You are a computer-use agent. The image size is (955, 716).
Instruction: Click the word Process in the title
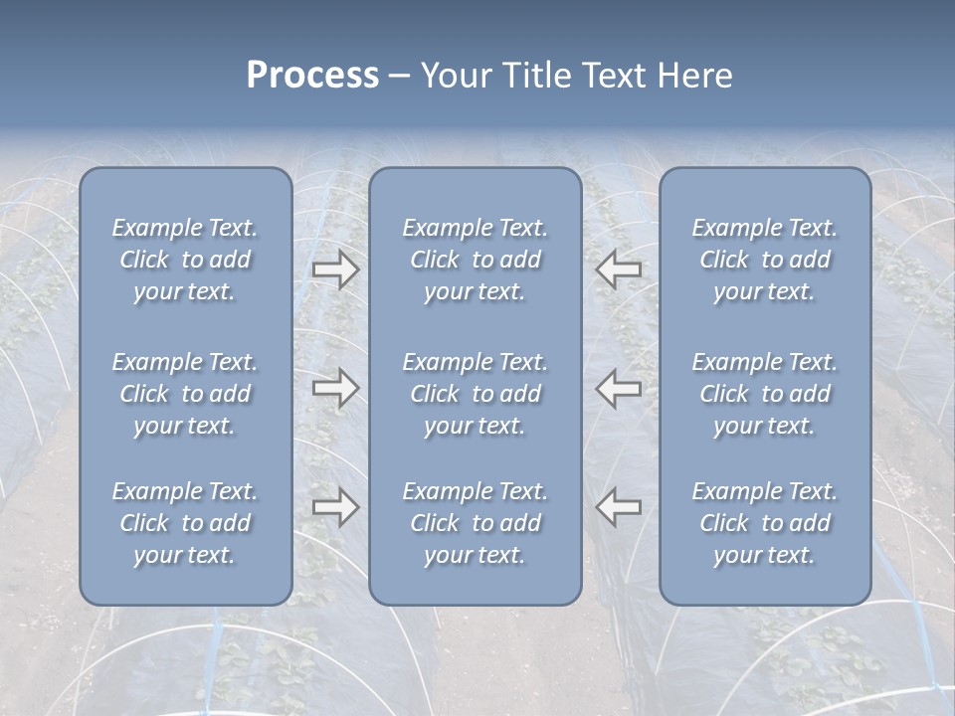click(312, 76)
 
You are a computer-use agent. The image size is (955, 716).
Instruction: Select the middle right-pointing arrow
click(335, 389)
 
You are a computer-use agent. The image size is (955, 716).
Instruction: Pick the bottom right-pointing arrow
click(335, 507)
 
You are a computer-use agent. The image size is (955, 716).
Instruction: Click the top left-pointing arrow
click(619, 268)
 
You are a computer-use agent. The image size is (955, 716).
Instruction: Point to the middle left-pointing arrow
click(619, 389)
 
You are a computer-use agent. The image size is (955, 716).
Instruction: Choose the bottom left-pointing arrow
click(619, 507)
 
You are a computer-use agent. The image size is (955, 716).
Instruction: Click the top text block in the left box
click(185, 260)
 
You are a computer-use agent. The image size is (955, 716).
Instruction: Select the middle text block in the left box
click(185, 394)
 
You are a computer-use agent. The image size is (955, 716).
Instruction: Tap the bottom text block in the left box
click(185, 523)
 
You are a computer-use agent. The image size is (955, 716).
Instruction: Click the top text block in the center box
click(476, 260)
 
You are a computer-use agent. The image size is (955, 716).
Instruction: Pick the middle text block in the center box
click(476, 394)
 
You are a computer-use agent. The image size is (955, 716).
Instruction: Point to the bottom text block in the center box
click(476, 523)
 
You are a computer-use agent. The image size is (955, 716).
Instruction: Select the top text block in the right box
click(765, 260)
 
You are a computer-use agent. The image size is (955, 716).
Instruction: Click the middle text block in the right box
click(765, 394)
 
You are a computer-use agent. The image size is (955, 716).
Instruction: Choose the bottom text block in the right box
click(765, 523)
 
